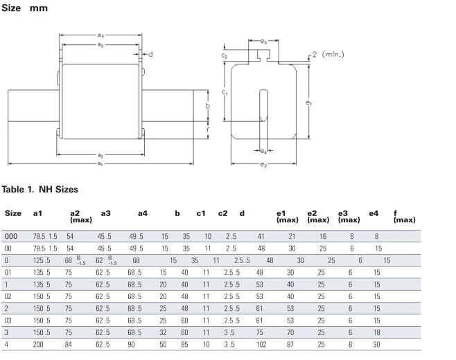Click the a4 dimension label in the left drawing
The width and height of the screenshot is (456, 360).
click(x=100, y=35)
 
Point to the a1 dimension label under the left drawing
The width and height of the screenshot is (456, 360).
click(x=100, y=163)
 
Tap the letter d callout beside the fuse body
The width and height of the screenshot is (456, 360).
click(x=150, y=53)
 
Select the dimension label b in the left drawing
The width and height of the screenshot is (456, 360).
click(x=207, y=106)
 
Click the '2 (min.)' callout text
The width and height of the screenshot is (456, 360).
click(x=327, y=54)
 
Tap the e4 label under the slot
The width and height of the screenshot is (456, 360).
click(x=263, y=150)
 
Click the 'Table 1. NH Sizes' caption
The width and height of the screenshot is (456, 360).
click(x=40, y=189)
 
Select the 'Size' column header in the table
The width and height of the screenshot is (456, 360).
click(x=13, y=213)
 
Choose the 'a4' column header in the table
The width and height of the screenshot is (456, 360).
click(x=142, y=213)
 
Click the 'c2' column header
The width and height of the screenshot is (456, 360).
click(x=222, y=213)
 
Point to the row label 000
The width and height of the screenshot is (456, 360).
click(x=11, y=236)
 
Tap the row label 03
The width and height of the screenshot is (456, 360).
click(x=8, y=321)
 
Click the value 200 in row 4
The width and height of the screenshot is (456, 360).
click(x=40, y=343)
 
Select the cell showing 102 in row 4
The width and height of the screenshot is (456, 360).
click(x=261, y=343)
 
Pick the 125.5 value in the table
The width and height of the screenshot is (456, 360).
click(x=42, y=260)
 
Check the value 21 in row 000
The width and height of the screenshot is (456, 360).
click(x=292, y=236)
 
